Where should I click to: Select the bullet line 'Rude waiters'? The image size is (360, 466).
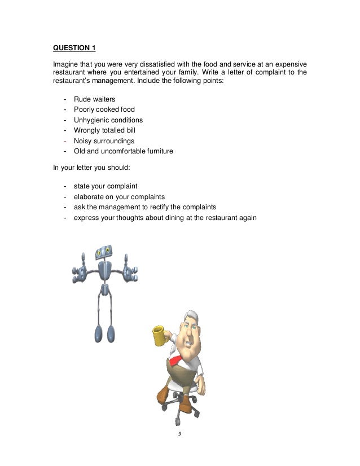(x=98, y=99)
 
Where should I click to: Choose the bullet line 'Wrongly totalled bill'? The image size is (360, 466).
(x=112, y=130)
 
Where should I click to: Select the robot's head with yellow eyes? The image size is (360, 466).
(x=104, y=253)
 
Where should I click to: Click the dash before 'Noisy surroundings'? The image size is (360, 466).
(x=66, y=141)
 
